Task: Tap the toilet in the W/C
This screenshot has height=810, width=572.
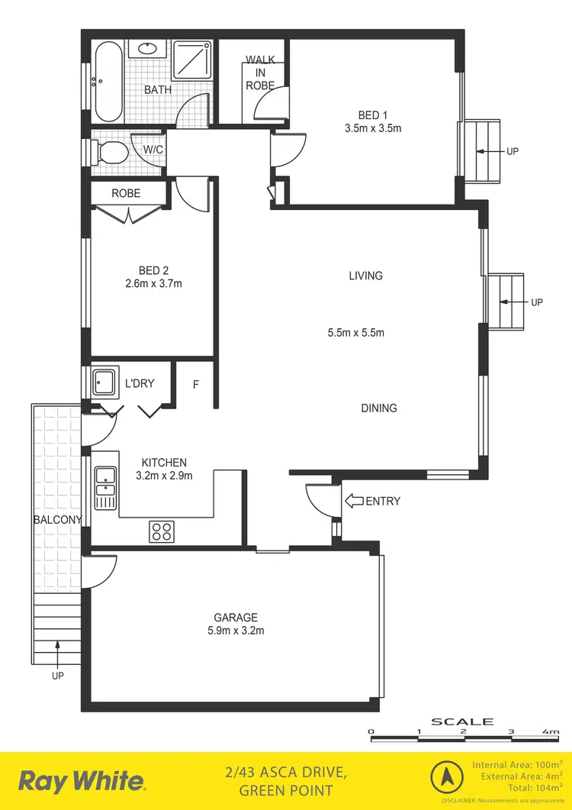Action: (x=112, y=152)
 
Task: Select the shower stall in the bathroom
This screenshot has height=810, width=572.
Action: (x=192, y=59)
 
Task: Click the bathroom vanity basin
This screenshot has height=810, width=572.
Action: (x=145, y=50)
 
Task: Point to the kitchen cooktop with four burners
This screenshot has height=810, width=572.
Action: (x=161, y=531)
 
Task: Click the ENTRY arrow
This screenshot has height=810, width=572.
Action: (x=355, y=502)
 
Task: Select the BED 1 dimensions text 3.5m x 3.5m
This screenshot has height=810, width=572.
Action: (x=372, y=128)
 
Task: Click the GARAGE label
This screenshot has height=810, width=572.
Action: (x=235, y=617)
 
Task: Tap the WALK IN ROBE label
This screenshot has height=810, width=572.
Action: (x=260, y=73)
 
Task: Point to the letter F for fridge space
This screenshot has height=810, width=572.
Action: (x=195, y=385)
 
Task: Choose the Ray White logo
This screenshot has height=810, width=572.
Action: (x=82, y=781)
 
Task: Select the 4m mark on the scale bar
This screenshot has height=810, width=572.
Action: (x=551, y=732)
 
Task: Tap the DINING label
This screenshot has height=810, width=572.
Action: (x=379, y=408)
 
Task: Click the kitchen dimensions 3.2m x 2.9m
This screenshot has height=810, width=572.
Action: (x=164, y=476)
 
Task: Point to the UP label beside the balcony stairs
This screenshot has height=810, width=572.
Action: (x=57, y=676)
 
